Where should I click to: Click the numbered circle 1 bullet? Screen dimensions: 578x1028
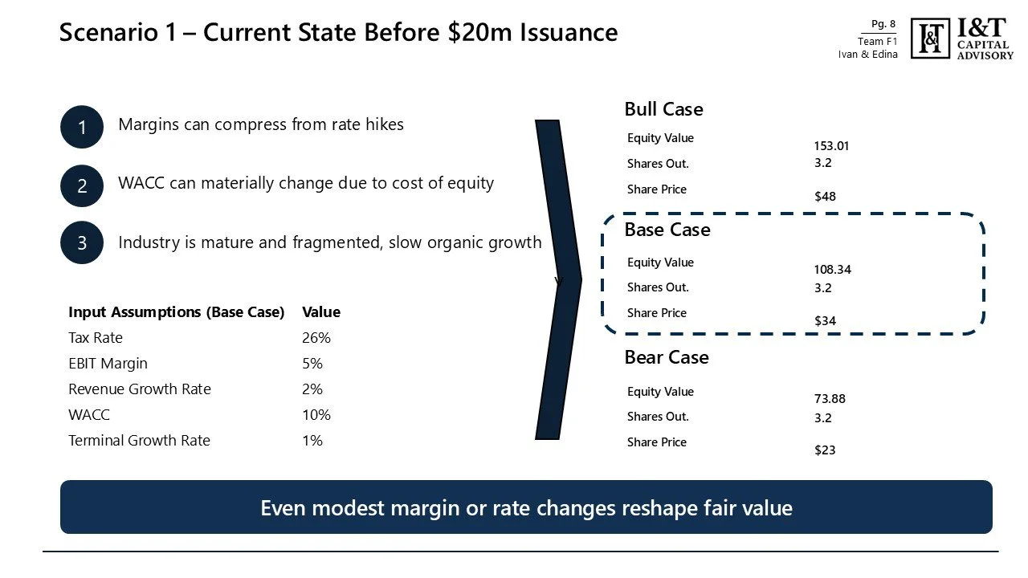click(x=82, y=127)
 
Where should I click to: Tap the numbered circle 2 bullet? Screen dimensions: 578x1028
click(x=82, y=186)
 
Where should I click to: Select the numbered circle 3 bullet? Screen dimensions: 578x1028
click(x=82, y=242)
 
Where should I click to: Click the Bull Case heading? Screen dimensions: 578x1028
click(x=663, y=109)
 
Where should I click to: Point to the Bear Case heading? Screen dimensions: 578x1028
click(x=667, y=357)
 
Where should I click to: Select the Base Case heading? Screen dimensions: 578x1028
click(x=667, y=230)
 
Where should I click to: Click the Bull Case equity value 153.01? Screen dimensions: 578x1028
click(x=831, y=146)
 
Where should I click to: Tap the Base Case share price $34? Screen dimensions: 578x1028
click(x=825, y=321)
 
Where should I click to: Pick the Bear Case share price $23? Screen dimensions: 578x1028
click(x=825, y=450)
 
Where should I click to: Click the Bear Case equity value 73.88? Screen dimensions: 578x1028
click(x=830, y=399)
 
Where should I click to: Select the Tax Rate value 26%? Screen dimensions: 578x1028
click(x=316, y=338)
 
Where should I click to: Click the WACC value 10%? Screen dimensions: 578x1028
click(x=316, y=415)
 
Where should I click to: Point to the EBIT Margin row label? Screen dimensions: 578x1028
click(x=108, y=364)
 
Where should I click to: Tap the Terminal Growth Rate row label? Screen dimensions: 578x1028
click(x=139, y=441)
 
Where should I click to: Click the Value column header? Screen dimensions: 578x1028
click(x=321, y=312)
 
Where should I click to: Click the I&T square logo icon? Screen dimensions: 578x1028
click(x=931, y=39)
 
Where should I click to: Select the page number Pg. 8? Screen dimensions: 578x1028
click(x=883, y=25)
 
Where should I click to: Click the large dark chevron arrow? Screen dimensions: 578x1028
click(x=559, y=279)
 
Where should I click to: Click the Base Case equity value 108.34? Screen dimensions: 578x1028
click(x=832, y=270)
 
